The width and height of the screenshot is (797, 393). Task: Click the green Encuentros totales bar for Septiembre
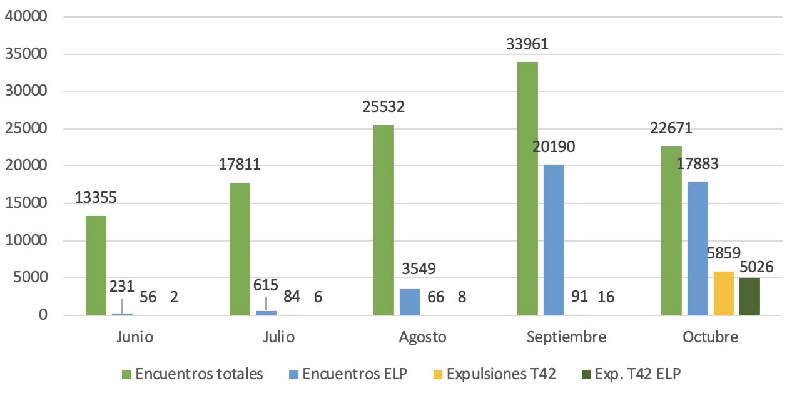527,188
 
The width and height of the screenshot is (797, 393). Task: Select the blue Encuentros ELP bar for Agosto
410,302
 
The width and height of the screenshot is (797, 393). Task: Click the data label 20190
554,147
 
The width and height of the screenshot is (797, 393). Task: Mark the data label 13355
96,198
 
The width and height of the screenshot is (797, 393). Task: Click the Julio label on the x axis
278,337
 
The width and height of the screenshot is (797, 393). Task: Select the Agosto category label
422,337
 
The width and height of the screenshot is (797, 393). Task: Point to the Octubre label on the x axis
711,337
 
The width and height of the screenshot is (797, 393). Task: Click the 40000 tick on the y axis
26,16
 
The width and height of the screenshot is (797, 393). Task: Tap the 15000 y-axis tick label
26,203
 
